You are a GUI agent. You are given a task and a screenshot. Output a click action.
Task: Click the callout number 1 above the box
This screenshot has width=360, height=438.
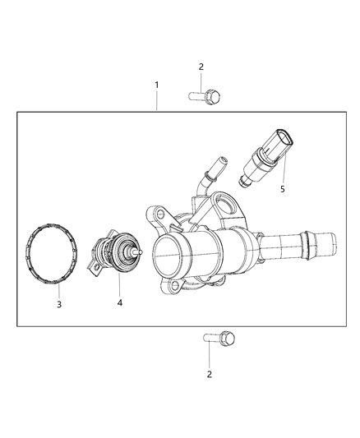157,85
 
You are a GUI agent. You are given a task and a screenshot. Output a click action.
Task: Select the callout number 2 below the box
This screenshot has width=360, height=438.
210,374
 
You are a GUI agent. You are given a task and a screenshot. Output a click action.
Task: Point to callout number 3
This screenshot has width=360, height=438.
58,304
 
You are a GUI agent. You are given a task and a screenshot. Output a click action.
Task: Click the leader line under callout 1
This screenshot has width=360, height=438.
157,101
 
